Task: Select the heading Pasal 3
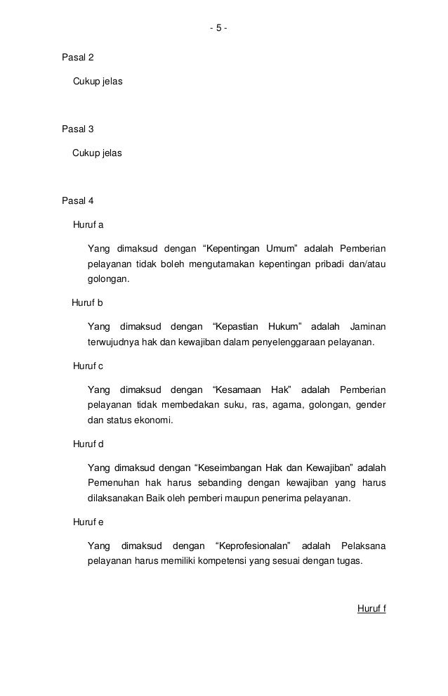[78, 129]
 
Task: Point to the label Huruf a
[88, 225]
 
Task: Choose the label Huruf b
[88, 303]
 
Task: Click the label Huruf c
[88, 366]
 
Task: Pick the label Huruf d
[88, 444]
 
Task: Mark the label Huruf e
[88, 522]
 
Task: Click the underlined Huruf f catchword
[371, 607]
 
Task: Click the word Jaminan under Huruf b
[367, 327]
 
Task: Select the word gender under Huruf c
[371, 406]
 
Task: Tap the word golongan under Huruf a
[109, 279]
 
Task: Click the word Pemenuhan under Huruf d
[112, 484]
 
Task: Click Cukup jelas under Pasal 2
[98, 83]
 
